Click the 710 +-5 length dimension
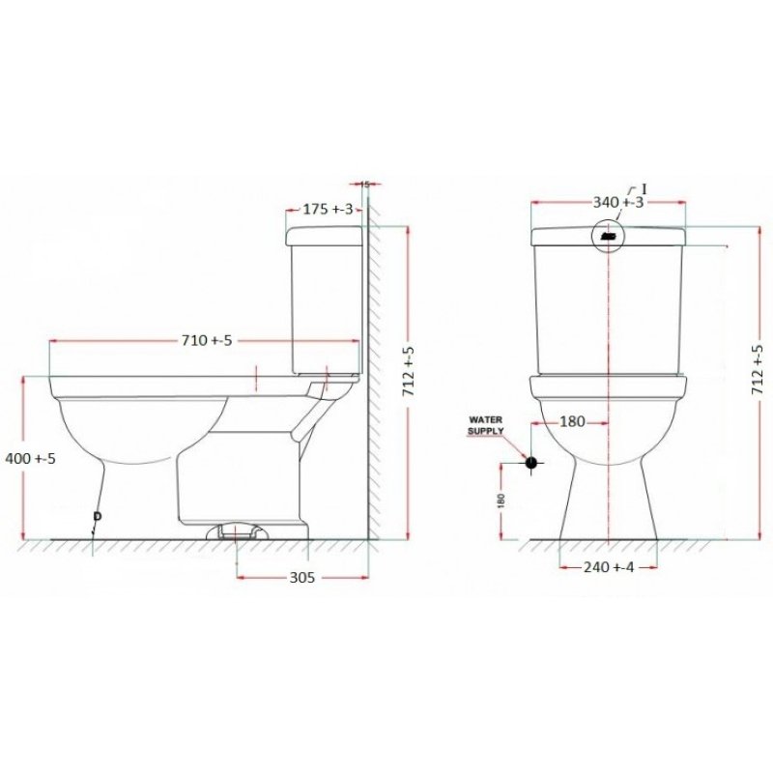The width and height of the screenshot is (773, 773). click(206, 340)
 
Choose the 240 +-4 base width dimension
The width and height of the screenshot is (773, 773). click(609, 568)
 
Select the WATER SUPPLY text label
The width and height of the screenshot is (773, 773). click(486, 426)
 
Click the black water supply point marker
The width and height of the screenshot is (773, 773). click(530, 462)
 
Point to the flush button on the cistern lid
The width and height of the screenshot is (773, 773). click(609, 235)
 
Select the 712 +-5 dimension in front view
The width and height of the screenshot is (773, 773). click(757, 372)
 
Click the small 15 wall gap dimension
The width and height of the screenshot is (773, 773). click(364, 183)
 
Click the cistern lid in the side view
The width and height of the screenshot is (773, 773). click(325, 233)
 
